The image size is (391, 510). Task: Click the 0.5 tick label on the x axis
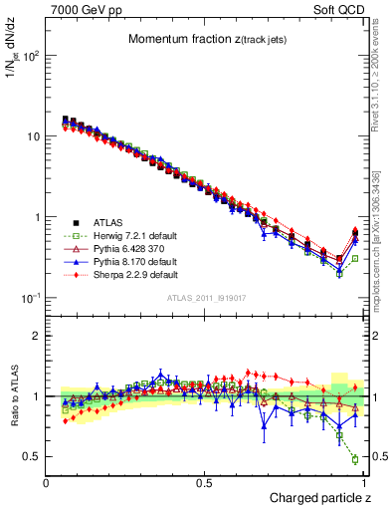[x=205, y=482]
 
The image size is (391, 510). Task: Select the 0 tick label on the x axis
[x=47, y=482]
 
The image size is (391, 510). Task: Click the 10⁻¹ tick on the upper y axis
[x=30, y=298]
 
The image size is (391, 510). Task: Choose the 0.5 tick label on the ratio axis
[x=31, y=456]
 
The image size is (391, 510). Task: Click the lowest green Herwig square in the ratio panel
[x=355, y=459]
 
